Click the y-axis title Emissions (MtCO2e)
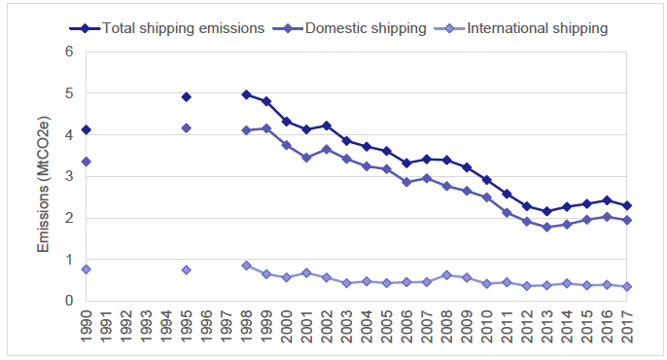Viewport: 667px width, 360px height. [x=44, y=176]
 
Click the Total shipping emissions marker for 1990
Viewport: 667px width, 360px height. [x=86, y=129]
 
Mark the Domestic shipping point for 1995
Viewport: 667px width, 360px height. [x=186, y=127]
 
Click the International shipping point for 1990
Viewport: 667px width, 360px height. [x=86, y=269]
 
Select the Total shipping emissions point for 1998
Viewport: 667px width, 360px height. [x=246, y=94]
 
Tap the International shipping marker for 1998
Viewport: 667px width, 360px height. [x=246, y=265]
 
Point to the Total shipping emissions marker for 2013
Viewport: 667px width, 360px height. [x=547, y=211]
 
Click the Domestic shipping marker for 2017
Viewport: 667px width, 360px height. [x=627, y=220]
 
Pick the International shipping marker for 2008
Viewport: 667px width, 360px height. [x=446, y=274]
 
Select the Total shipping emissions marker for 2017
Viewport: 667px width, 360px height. [x=627, y=205]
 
